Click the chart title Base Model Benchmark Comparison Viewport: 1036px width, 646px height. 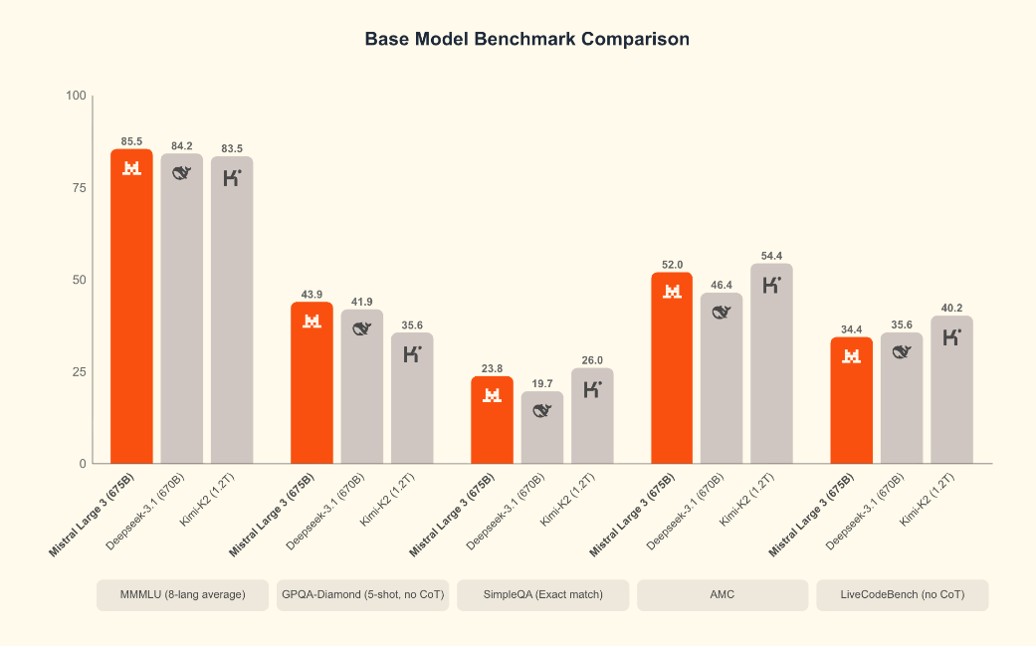pos(526,39)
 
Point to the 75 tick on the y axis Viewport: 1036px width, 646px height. pos(78,188)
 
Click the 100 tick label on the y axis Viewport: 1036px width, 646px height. pos(76,96)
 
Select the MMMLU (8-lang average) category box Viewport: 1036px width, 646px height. pos(182,595)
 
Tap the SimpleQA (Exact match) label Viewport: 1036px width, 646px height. pos(542,595)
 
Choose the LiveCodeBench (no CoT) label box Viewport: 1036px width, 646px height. pos(903,595)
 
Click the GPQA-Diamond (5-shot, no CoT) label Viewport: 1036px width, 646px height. pos(362,595)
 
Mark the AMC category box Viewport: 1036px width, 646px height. pos(723,595)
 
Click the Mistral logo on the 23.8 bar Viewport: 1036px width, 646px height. pos(492,395)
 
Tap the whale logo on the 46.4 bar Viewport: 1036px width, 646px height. pos(723,313)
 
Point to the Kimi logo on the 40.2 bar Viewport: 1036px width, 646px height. pos(952,337)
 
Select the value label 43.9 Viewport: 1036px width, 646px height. pos(311,295)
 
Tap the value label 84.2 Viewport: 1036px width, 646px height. pos(182,146)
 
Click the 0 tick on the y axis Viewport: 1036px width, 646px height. pos(84,464)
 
